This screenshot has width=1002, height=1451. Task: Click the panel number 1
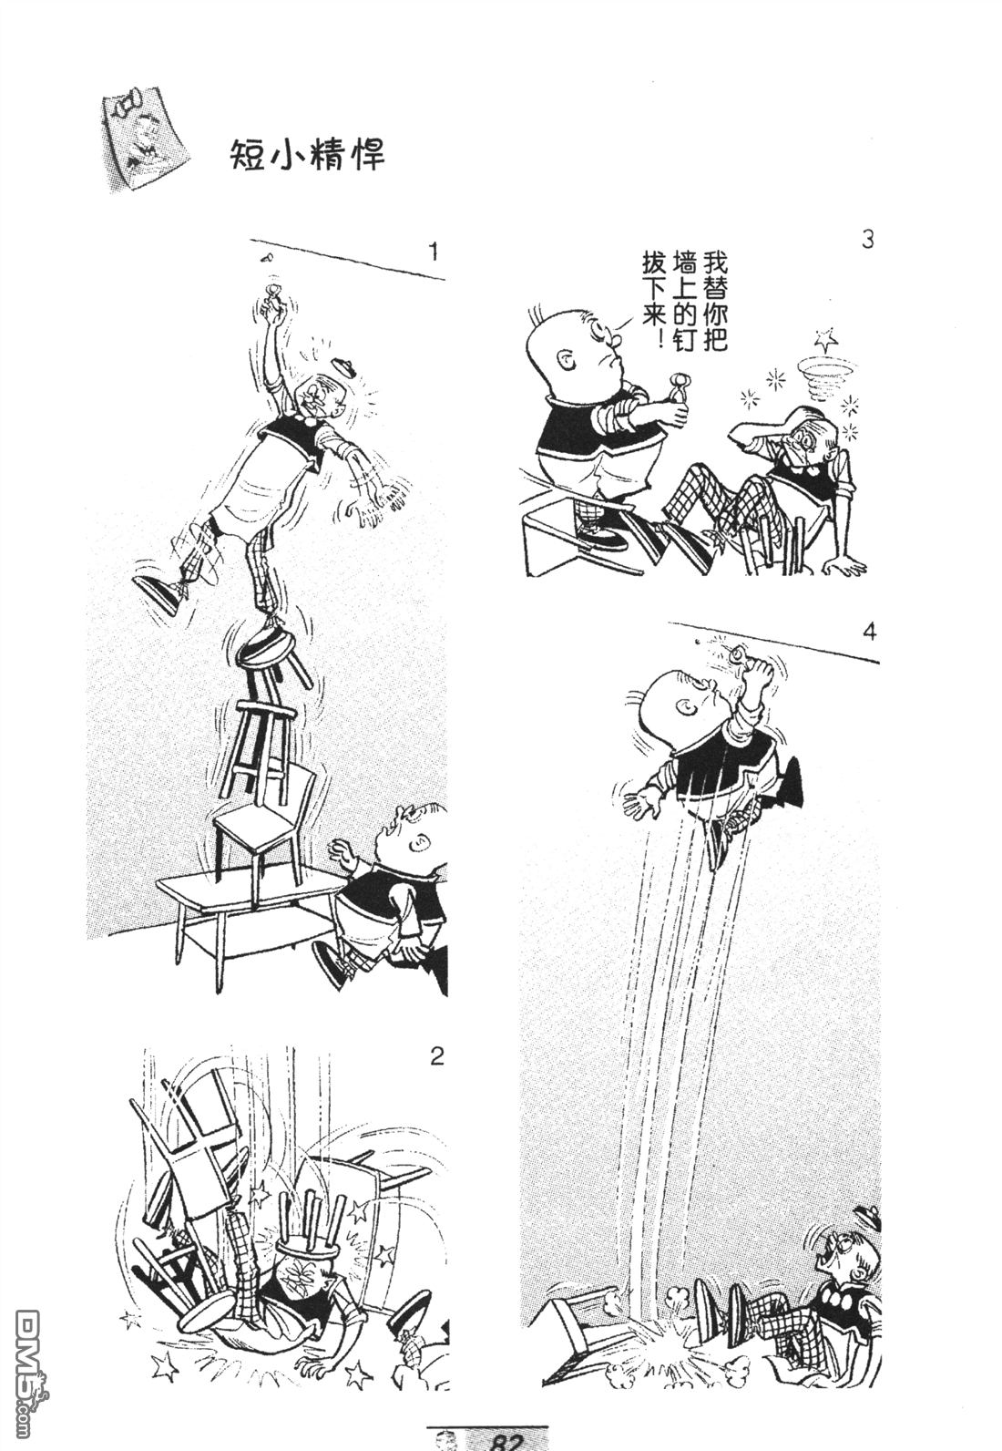(433, 252)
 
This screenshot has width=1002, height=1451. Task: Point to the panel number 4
(869, 632)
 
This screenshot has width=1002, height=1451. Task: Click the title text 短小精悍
(308, 155)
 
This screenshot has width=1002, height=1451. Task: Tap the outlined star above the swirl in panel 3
(826, 338)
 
